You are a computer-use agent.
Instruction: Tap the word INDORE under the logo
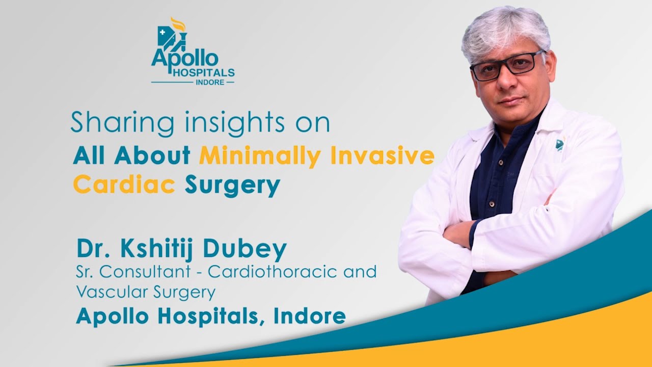(210, 82)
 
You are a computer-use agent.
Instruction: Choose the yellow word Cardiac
(124, 185)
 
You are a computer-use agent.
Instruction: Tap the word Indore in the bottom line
(310, 316)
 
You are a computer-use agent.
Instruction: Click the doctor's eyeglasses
(506, 66)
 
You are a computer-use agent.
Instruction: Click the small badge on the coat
(559, 145)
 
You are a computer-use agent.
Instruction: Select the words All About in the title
(131, 155)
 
